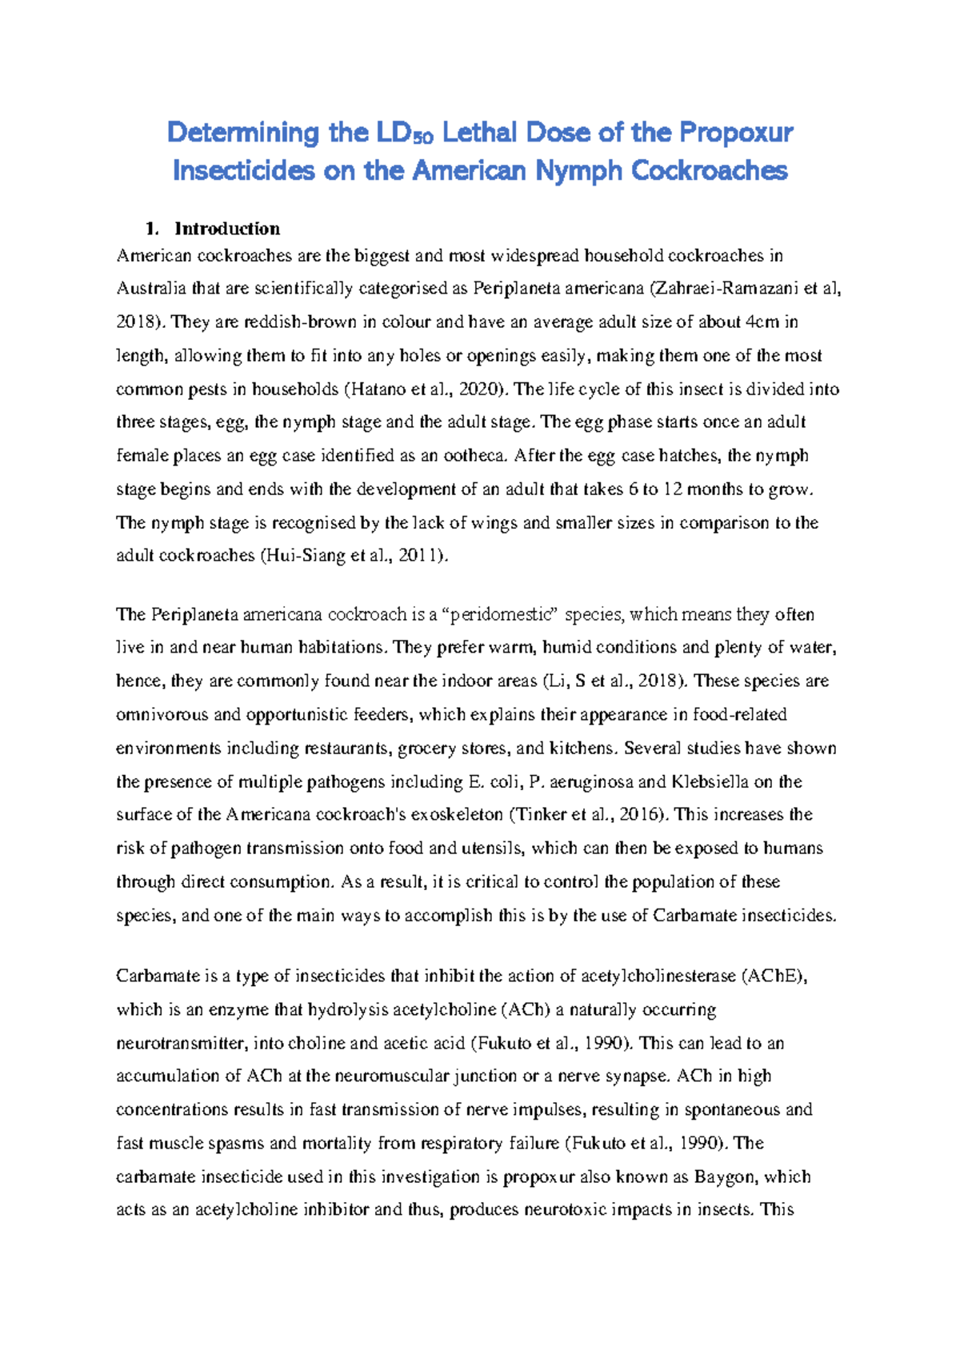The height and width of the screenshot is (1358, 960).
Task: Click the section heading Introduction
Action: click(x=227, y=230)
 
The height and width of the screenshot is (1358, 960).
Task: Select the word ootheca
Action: click(x=474, y=456)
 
